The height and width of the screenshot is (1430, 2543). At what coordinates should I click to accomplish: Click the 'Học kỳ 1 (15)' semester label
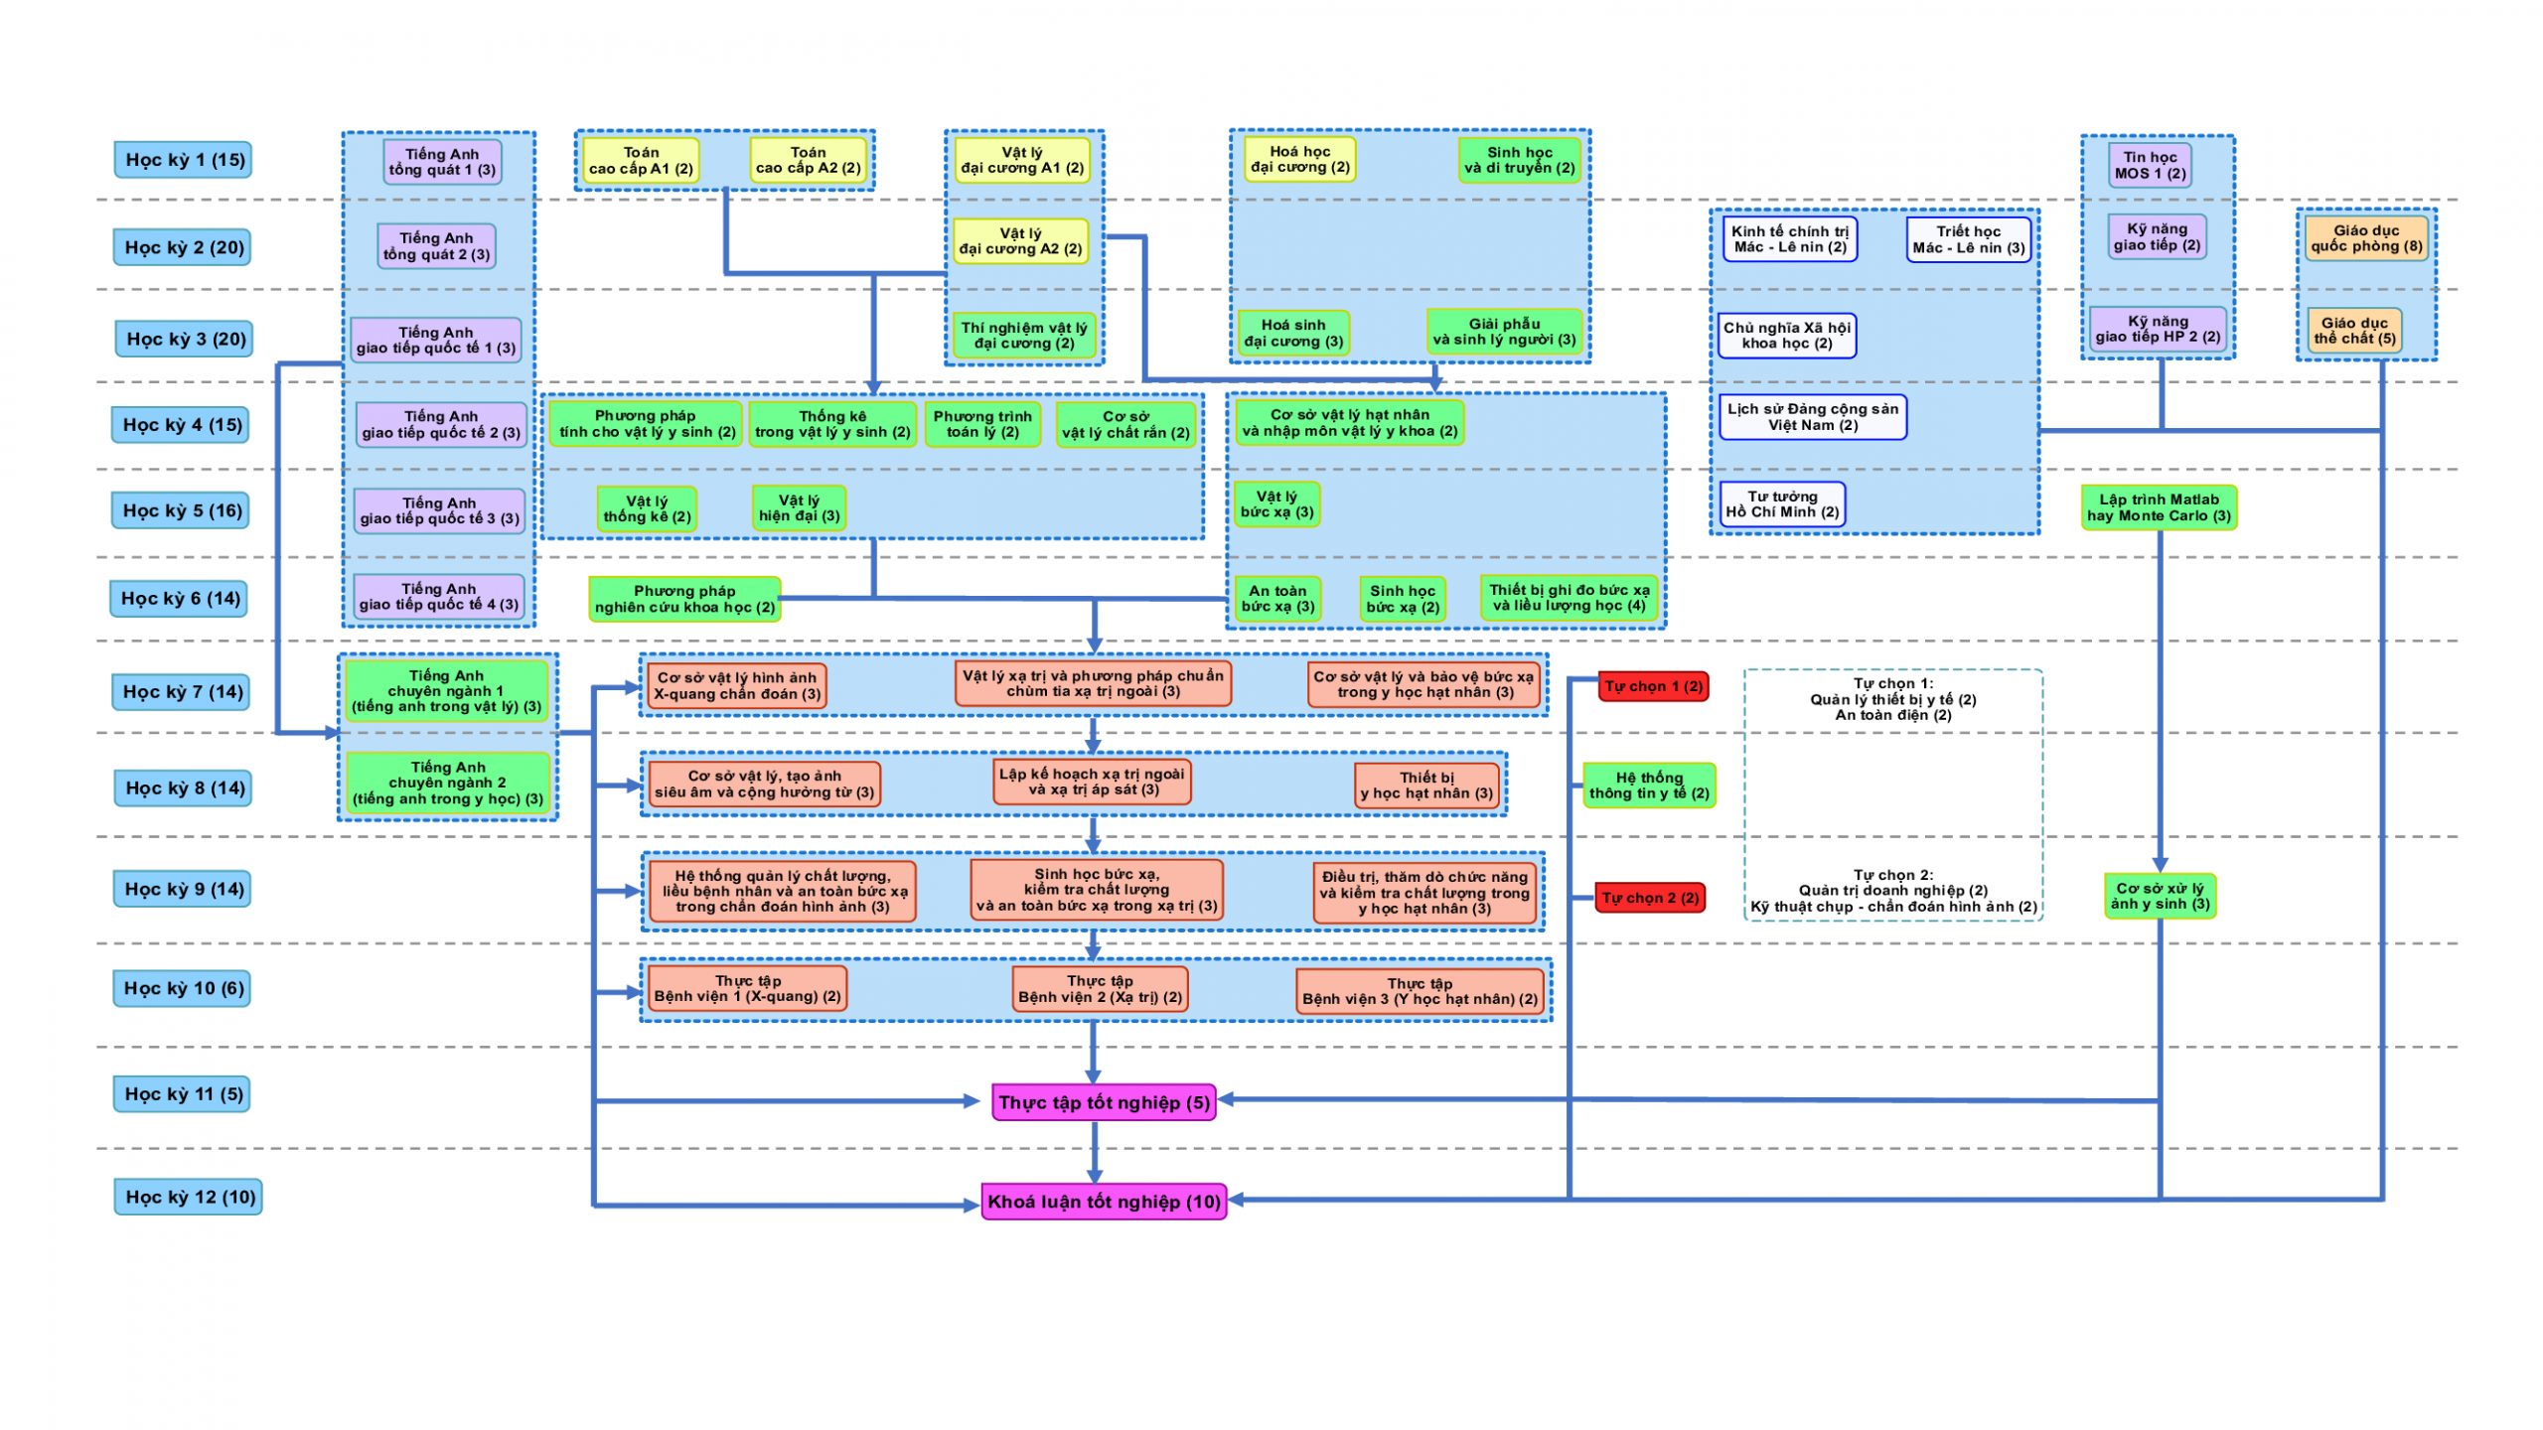(x=183, y=160)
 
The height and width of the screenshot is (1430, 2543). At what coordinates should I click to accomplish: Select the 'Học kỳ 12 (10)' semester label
(x=188, y=1197)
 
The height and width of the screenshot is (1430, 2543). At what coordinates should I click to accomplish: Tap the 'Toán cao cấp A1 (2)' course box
(x=641, y=161)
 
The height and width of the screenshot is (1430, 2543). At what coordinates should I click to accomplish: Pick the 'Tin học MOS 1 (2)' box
(x=2150, y=165)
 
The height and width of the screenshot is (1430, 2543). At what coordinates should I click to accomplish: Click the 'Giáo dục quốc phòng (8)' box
(x=2365, y=238)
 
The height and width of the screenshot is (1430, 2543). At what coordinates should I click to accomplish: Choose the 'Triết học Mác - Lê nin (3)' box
(x=1968, y=239)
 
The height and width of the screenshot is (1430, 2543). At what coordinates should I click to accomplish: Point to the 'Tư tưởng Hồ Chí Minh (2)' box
(x=1782, y=504)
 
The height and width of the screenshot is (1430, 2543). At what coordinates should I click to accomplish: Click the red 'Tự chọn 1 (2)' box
(x=1653, y=686)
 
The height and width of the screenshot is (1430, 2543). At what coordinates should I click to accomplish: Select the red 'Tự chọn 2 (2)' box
(x=1650, y=898)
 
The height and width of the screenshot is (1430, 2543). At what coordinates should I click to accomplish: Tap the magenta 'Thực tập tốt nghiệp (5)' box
(x=1104, y=1102)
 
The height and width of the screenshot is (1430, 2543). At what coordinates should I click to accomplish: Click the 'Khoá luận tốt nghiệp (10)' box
(x=1104, y=1202)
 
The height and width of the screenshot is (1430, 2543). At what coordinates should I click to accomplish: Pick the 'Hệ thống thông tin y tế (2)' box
(x=1649, y=786)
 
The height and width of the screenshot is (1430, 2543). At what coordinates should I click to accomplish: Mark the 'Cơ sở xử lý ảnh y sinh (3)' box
(x=2160, y=896)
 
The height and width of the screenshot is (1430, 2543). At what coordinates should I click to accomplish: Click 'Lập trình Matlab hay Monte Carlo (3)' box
(x=2159, y=507)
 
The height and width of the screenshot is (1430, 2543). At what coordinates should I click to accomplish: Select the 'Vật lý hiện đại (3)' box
(x=799, y=508)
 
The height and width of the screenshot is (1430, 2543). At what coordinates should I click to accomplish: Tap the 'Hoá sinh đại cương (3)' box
(x=1292, y=333)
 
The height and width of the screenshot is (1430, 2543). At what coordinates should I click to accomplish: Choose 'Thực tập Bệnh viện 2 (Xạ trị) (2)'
(x=1100, y=989)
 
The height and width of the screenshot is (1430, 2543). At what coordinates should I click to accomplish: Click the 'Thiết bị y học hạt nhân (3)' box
(x=1426, y=786)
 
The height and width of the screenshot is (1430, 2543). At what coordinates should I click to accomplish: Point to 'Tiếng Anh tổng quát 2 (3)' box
(x=436, y=246)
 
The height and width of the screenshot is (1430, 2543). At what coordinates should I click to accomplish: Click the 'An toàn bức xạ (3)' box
(x=1277, y=599)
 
